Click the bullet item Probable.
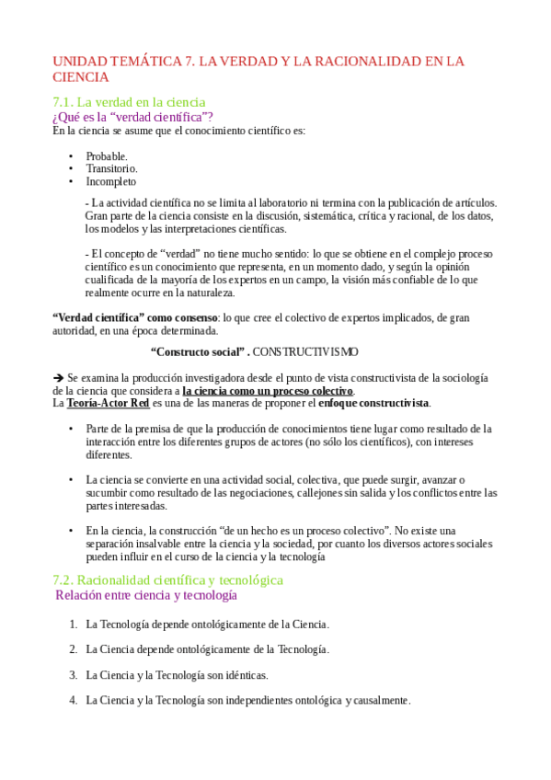[x=107, y=156]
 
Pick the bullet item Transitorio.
[x=112, y=169]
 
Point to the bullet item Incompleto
[x=111, y=181]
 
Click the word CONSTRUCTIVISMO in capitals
[x=305, y=352]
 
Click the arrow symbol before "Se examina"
[x=58, y=378]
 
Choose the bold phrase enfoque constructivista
[x=373, y=403]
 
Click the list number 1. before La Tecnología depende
[x=73, y=624]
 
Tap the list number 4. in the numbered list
[x=73, y=700]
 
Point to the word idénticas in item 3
[x=242, y=674]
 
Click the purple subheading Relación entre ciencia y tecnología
[x=146, y=595]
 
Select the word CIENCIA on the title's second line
[x=80, y=78]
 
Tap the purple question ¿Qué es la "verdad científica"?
[x=133, y=117]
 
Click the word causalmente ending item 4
[x=379, y=700]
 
